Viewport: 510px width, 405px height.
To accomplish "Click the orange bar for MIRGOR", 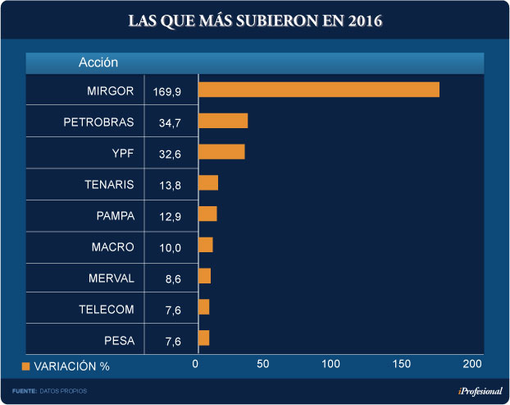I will (x=318, y=90).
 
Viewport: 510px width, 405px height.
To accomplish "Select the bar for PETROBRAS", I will (x=222, y=121).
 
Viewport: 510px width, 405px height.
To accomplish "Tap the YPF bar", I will (x=221, y=152).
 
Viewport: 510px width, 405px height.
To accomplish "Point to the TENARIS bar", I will (x=207, y=183).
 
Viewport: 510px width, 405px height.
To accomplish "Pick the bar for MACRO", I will (x=205, y=245).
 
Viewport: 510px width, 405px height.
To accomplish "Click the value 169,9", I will (x=167, y=90).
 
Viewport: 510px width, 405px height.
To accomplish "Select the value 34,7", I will (x=170, y=122).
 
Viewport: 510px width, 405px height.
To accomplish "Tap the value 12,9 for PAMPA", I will (x=170, y=216).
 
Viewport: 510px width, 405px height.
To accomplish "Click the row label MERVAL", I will (x=111, y=278).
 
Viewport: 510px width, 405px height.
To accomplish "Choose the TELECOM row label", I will (x=107, y=309).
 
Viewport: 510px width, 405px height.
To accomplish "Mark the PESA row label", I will (x=119, y=340).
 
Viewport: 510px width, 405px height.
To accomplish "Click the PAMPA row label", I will (x=115, y=215).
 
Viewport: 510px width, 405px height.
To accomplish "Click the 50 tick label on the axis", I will (x=262, y=364).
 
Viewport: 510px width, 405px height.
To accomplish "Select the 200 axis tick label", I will (x=472, y=364).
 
